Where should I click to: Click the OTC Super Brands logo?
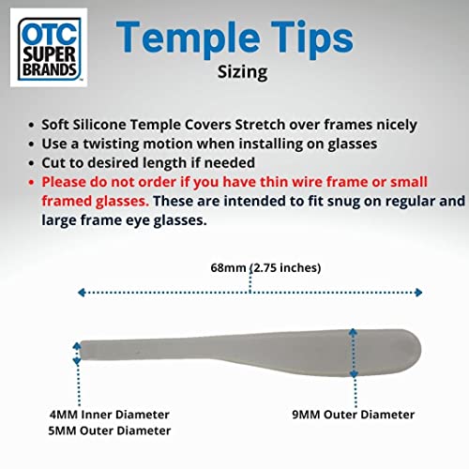point(49,48)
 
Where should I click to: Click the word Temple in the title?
point(188,38)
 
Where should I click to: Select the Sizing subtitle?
point(243,72)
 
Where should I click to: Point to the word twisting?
point(111,144)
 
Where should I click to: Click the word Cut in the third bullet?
point(53,163)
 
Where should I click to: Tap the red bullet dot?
point(31,182)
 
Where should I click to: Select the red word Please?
point(64,182)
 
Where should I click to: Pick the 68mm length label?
point(228,267)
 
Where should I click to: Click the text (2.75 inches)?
point(285,267)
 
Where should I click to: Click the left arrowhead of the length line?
point(82,293)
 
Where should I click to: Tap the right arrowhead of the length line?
point(418,293)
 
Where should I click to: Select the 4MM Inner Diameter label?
point(110,415)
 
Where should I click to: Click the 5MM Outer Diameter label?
point(110,431)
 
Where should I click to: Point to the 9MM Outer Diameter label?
point(354,415)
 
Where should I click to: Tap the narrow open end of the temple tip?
point(82,351)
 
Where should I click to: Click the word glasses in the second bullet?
point(353,144)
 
